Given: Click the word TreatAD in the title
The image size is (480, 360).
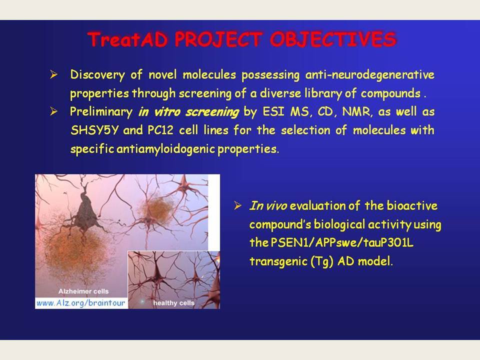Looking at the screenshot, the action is [x=127, y=39].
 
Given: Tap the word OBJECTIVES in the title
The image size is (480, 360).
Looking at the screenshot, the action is [x=333, y=39].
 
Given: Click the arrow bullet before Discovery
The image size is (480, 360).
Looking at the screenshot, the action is [x=53, y=74].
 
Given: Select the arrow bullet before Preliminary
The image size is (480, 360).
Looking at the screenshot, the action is [x=53, y=111].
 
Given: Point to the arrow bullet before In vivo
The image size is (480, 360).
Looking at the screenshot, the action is [x=237, y=205].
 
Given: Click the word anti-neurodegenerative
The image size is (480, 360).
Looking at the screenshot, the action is [x=370, y=75].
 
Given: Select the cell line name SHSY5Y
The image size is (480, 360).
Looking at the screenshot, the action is [x=94, y=130].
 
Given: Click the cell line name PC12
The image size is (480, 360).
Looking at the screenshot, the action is [x=160, y=130].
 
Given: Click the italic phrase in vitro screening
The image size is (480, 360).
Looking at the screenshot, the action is [x=188, y=112].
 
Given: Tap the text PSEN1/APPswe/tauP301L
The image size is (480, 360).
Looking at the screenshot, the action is [x=341, y=243].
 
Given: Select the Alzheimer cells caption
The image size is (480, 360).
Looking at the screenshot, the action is [x=83, y=291].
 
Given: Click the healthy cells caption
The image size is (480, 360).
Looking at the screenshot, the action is [x=174, y=303].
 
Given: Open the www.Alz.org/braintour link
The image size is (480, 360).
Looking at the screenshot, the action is [x=81, y=303].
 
